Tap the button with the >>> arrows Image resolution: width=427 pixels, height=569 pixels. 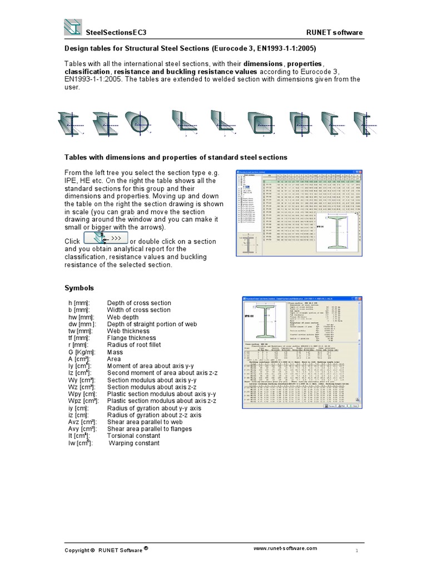(105, 238)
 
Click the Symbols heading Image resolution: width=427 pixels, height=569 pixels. (80, 288)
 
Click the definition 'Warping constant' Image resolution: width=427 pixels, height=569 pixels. (134, 443)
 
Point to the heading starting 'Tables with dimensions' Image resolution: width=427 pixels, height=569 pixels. (176, 158)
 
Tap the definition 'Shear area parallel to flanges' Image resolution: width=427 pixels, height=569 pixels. (154, 428)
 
